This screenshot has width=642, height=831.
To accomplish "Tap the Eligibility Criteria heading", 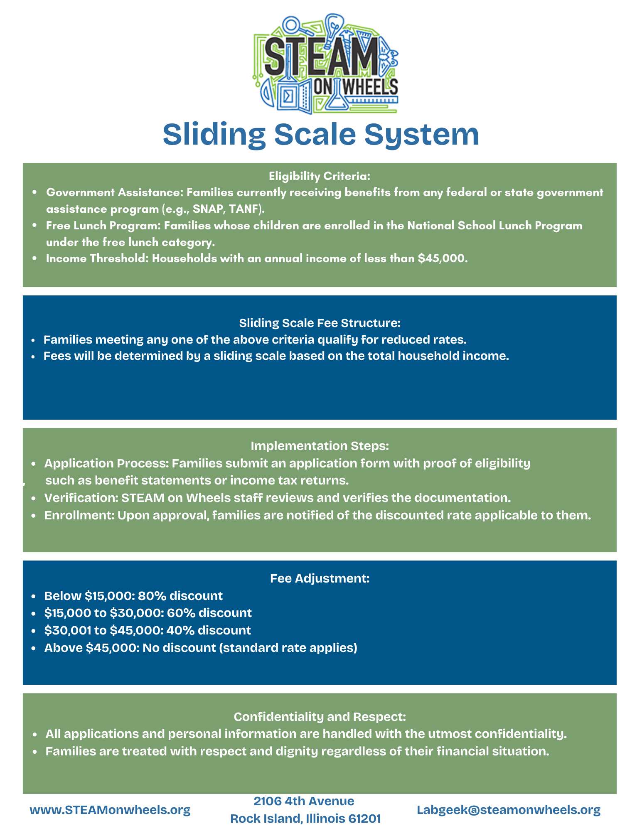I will pyautogui.click(x=319, y=176).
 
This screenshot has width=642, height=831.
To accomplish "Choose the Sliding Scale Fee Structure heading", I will pyautogui.click(x=320, y=323).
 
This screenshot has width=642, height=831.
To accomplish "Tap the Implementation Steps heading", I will pyautogui.click(x=320, y=446).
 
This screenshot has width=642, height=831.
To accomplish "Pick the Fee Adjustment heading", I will pyautogui.click(x=320, y=578).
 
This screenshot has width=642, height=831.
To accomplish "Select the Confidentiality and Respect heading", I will pyautogui.click(x=320, y=717).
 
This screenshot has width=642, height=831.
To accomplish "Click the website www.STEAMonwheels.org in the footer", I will pyautogui.click(x=110, y=810).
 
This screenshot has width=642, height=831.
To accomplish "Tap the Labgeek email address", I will pyautogui.click(x=508, y=810).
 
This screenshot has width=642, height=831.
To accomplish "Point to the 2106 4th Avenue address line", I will pyautogui.click(x=304, y=801).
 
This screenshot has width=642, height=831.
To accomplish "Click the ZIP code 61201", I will pyautogui.click(x=364, y=819).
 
